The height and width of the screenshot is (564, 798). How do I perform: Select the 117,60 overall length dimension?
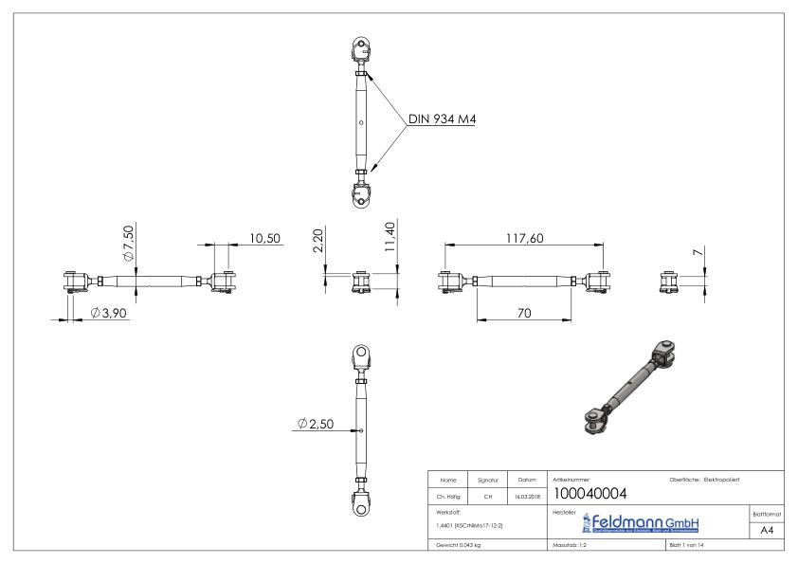[x=524, y=238]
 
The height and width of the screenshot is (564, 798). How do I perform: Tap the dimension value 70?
[x=524, y=313]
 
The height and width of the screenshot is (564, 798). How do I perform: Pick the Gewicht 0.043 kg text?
[x=460, y=547]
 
